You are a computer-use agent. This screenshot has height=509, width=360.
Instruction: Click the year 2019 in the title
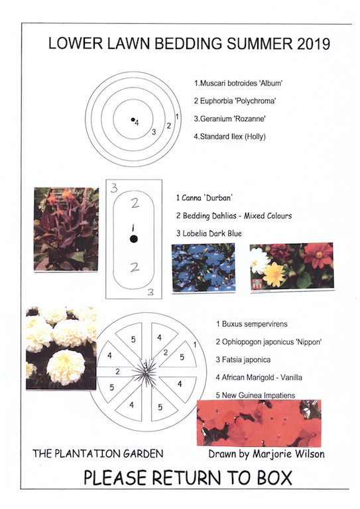(313, 44)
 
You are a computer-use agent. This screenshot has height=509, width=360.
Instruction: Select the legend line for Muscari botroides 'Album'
(238, 84)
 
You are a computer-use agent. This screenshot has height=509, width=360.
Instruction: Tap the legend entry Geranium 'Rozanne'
(229, 119)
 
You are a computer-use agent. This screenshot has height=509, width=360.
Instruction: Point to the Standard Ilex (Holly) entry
(229, 137)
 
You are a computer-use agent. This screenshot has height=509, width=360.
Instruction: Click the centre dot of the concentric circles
(133, 119)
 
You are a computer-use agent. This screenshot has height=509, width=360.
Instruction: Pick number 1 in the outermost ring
(177, 116)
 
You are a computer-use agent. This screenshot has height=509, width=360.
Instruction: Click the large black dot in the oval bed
(133, 239)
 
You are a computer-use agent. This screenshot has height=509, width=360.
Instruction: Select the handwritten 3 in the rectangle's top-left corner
(114, 188)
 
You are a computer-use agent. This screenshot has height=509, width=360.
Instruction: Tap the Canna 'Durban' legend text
(204, 198)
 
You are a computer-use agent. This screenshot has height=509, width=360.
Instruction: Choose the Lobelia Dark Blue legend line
(209, 233)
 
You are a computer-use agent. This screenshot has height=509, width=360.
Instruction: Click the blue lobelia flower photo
(204, 268)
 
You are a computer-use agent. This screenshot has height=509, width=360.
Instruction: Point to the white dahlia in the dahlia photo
(260, 260)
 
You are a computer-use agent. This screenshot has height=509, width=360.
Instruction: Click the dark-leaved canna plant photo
(66, 229)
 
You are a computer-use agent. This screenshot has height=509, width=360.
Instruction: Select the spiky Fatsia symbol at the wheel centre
(145, 372)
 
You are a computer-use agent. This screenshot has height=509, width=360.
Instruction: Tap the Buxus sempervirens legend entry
(251, 324)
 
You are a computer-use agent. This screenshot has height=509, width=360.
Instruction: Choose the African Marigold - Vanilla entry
(259, 378)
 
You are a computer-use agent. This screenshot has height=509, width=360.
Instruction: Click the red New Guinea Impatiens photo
(259, 423)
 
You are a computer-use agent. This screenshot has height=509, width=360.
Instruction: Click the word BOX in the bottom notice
(274, 477)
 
